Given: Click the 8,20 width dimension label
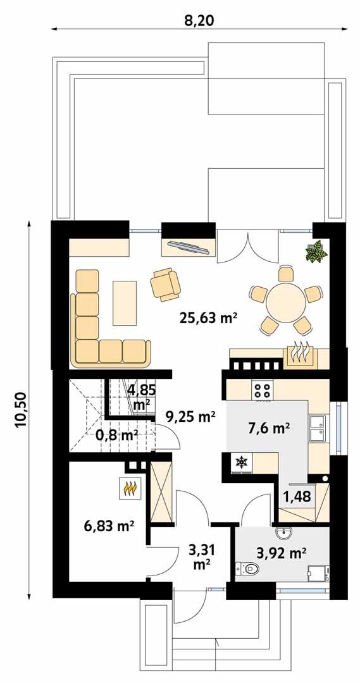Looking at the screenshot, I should coord(199,20).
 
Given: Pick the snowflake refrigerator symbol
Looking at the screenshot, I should coord(241,463).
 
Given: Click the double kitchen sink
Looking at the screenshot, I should coord(317,428).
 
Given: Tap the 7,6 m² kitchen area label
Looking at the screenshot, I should coord(267,428).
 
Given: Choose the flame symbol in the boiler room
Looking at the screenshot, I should coord(130,488).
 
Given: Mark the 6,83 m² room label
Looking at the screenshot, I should coord(108,526).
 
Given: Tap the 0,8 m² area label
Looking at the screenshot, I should coord(116,435).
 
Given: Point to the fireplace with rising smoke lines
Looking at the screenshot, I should coord(300,354).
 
